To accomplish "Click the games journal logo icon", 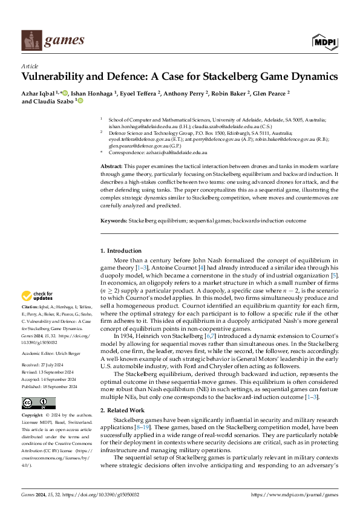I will [30, 41].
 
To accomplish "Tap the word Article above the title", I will [30, 66].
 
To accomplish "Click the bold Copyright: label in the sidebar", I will [34, 399].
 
